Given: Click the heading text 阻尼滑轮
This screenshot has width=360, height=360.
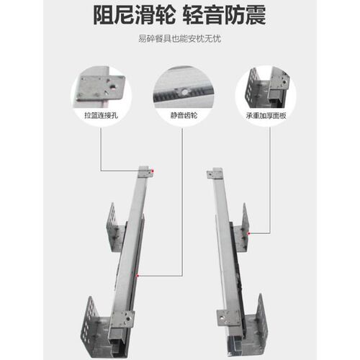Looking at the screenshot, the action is (134, 15).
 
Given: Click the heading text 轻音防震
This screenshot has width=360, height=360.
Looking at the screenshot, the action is (225, 15).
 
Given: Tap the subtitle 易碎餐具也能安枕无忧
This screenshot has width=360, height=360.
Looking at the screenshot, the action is (179, 39).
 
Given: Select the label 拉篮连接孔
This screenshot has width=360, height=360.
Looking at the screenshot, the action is (102, 115).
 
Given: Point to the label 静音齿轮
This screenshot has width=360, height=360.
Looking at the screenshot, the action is (184, 115).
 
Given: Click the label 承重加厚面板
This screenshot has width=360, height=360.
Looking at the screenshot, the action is (266, 115).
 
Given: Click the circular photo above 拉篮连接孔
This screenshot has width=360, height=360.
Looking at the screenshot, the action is (102, 96).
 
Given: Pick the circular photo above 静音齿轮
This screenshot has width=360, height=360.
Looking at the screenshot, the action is (184, 96).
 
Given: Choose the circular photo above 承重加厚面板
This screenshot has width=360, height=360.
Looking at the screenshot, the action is (266, 96).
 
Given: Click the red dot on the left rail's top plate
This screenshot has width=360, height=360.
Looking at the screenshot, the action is (153, 171).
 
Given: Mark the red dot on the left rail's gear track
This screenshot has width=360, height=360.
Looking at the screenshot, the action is (138, 276).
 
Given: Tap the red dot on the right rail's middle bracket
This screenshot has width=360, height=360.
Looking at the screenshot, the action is (249, 233).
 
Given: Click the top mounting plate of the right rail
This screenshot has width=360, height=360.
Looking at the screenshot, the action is (215, 174).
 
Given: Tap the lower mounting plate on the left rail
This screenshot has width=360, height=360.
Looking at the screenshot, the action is (122, 319).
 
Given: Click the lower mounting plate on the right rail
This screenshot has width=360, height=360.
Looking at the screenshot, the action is (229, 318).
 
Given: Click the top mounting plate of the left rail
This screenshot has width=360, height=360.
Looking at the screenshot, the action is (145, 172).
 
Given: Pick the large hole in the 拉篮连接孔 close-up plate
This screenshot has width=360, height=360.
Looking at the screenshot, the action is (113, 88).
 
